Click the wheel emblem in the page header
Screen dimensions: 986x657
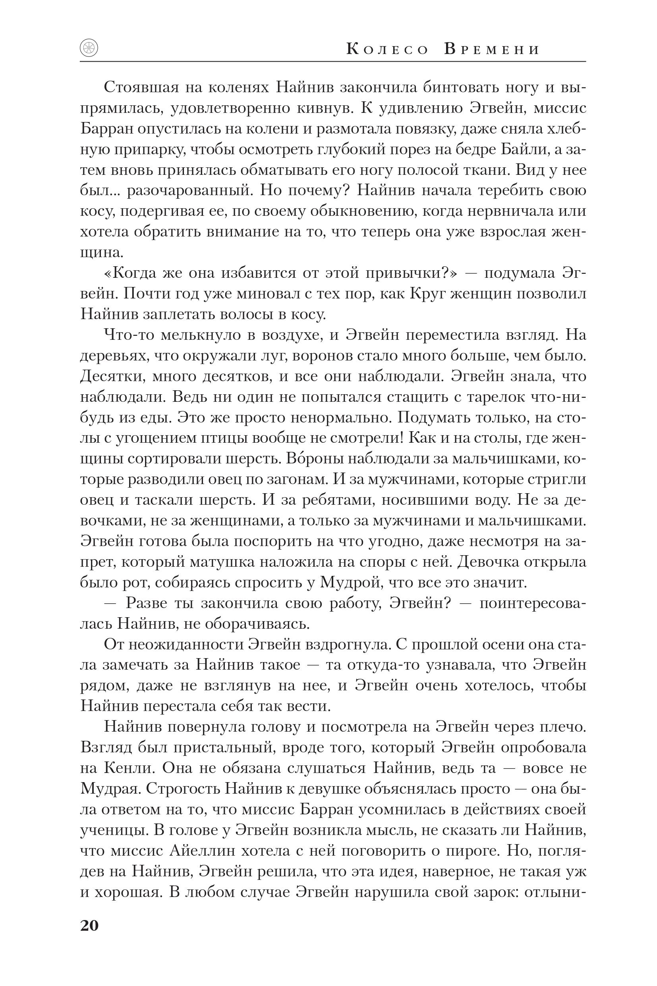click(x=89, y=48)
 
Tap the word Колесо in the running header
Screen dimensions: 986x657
click(x=388, y=50)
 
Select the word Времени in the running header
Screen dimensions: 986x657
click(x=491, y=50)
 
